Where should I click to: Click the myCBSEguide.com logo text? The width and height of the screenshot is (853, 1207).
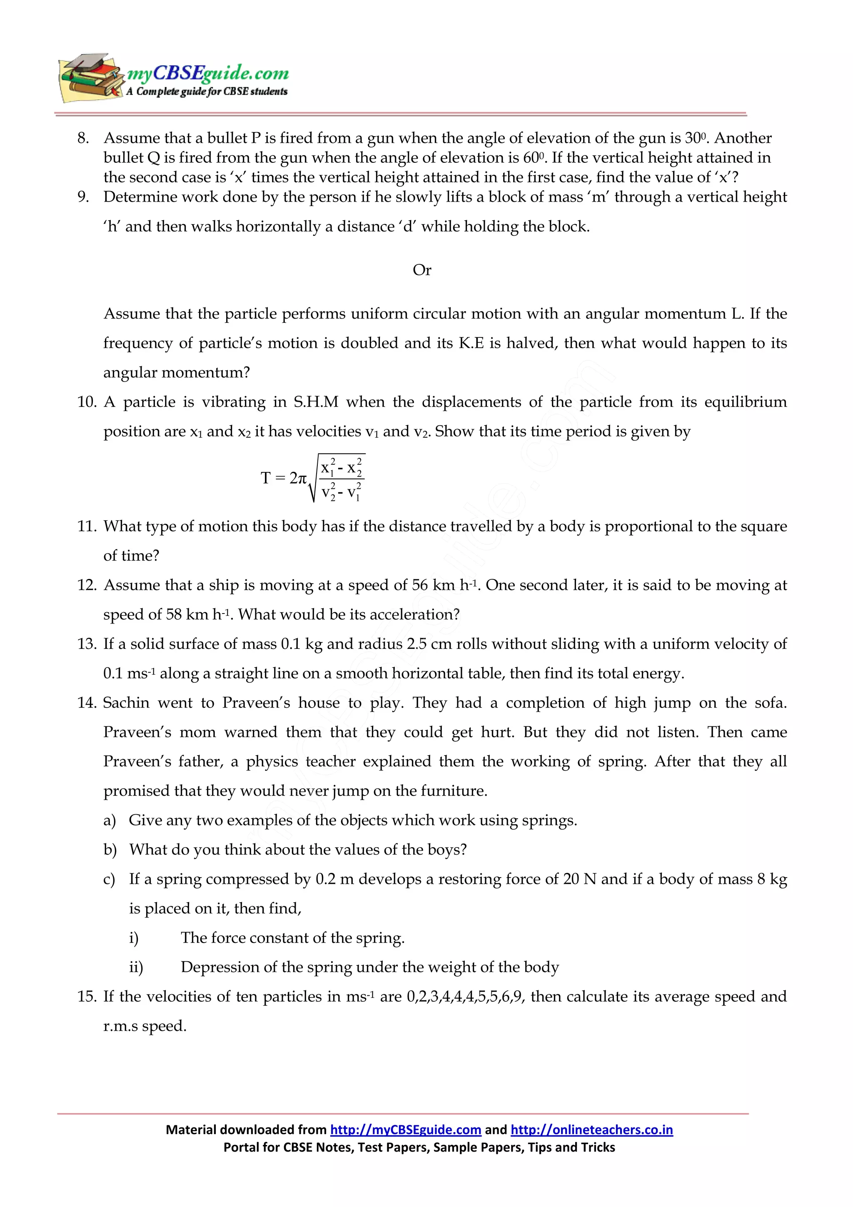click(207, 72)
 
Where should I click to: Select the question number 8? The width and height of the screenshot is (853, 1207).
click(83, 138)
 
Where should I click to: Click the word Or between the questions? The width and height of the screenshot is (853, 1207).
click(422, 270)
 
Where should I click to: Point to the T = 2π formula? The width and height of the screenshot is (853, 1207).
click(312, 478)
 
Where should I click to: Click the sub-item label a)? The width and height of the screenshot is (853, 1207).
click(109, 820)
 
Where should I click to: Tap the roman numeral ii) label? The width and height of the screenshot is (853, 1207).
click(136, 967)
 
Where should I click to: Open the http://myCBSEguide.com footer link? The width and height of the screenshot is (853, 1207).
click(405, 1130)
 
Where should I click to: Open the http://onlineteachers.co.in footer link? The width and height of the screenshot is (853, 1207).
click(591, 1130)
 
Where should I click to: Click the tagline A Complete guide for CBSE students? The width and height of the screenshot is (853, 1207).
click(207, 92)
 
